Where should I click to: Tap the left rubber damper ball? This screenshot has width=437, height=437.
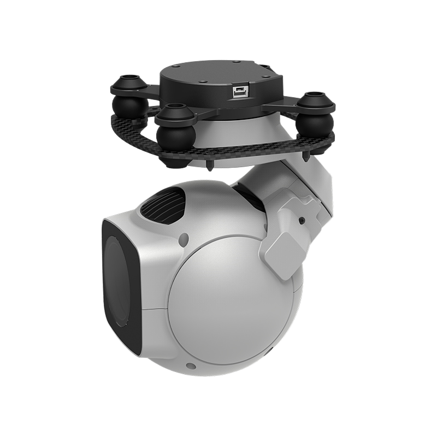pos(127,104)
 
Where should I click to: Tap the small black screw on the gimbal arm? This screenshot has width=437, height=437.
pos(302,221)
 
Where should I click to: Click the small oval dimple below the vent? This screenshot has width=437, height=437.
pos(184,239)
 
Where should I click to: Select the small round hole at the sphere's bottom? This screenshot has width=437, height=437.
pos(190,366)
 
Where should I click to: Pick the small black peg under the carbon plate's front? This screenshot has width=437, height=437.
pos(210,164)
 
